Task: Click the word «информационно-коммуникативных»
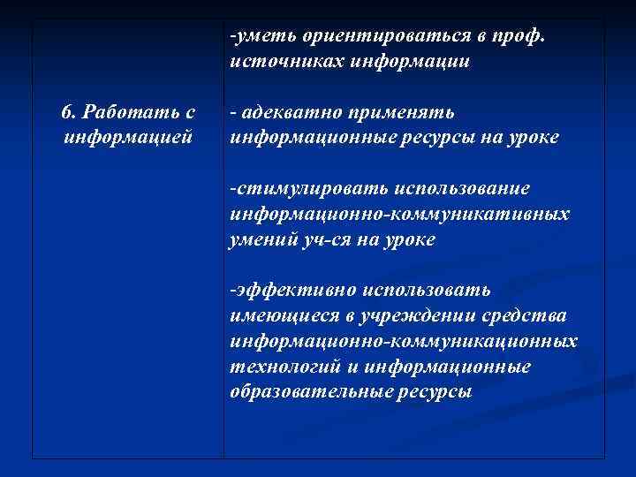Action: pos(399,214)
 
